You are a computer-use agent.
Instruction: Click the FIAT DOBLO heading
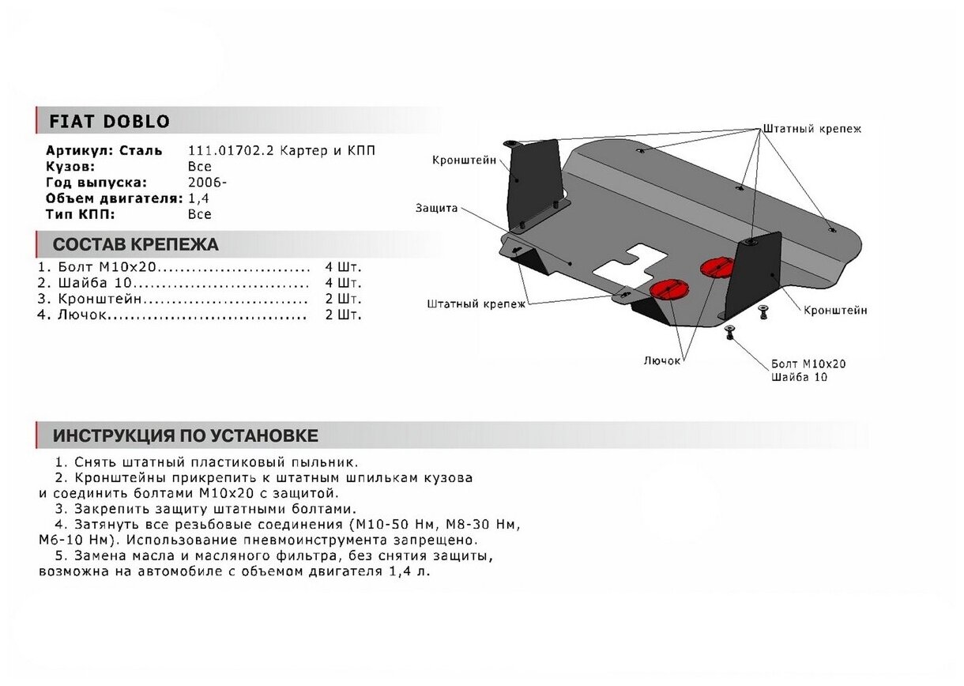click(x=110, y=122)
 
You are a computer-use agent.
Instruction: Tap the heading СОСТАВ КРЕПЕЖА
click(x=136, y=244)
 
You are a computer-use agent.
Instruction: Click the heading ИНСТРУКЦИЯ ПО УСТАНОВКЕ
click(x=186, y=435)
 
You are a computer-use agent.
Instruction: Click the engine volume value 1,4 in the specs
click(x=198, y=198)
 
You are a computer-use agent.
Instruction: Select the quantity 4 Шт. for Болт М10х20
click(x=342, y=266)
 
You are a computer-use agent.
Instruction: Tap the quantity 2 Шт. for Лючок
click(x=342, y=315)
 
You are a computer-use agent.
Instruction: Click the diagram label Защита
click(x=436, y=209)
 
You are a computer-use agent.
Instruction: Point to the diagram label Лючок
click(x=661, y=360)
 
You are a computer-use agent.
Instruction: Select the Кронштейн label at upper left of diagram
click(x=464, y=160)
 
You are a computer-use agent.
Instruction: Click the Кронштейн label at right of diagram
click(x=835, y=311)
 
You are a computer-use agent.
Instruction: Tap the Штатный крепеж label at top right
click(x=811, y=128)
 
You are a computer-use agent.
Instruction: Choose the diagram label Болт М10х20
click(x=808, y=364)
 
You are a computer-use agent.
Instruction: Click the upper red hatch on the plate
click(x=716, y=266)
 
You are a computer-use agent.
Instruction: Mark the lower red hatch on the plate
click(x=666, y=288)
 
